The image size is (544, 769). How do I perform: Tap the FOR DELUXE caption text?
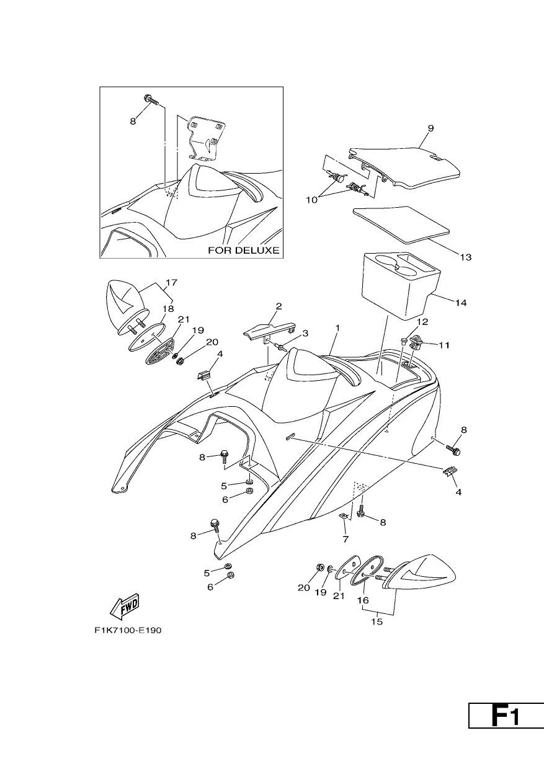244,251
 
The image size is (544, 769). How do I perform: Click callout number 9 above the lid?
430,128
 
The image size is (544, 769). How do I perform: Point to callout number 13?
466,257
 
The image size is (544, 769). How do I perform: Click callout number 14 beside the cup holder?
461,303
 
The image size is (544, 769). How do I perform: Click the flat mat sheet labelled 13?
401,225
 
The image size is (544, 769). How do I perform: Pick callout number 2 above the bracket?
279,306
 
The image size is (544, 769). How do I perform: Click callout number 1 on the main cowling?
337,328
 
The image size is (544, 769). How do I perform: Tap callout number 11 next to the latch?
444,345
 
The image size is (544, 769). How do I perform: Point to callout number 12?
423,322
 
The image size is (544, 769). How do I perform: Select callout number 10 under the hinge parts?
312,200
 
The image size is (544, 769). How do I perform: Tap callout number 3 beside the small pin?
305,333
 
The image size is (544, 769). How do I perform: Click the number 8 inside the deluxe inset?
133,121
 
